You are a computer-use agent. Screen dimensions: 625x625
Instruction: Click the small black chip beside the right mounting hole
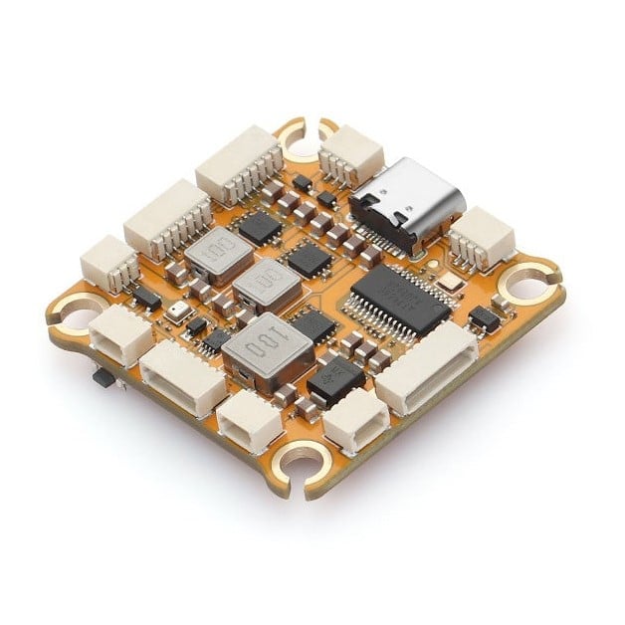click(484, 318)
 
